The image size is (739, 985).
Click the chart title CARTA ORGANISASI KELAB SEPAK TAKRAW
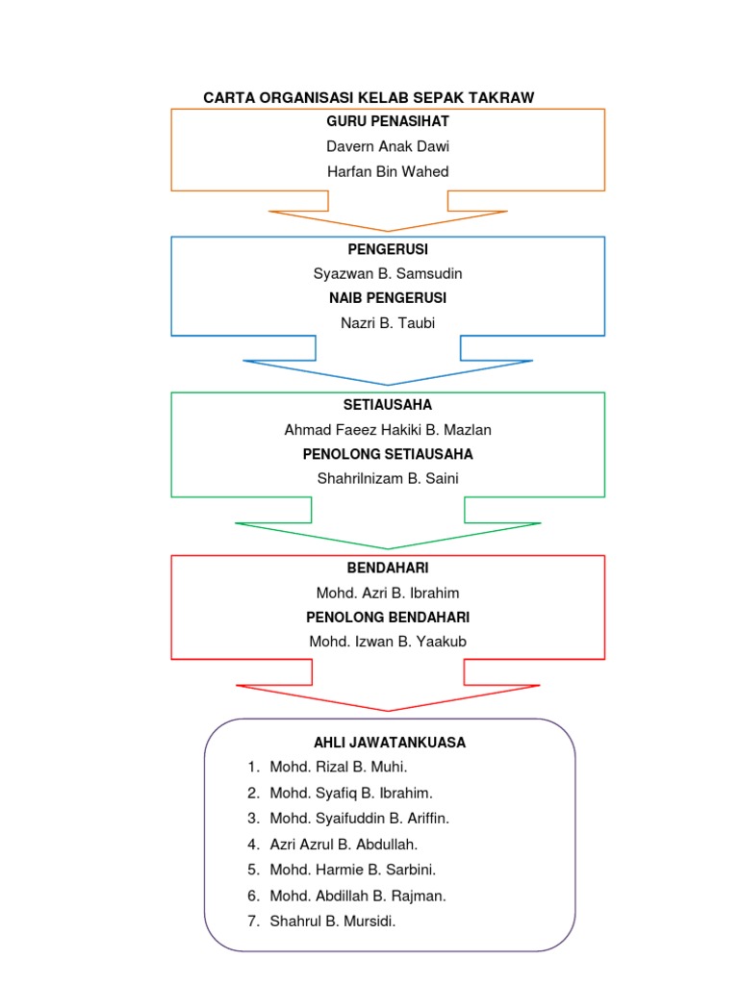369,97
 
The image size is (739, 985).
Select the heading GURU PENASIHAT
388,121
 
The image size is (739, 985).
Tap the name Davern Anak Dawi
388,146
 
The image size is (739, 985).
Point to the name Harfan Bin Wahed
388,171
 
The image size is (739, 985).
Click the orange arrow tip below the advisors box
388,229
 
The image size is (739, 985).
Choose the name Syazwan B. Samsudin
388,273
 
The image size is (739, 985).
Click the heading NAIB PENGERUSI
388,298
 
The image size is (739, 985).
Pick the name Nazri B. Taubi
388,323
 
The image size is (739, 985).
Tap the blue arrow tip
388,383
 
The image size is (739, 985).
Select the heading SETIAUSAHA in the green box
388,404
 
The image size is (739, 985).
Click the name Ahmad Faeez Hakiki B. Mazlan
388,429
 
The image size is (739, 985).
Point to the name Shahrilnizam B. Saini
388,477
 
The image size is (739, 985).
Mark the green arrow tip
388,546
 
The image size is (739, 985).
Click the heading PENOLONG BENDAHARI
388,617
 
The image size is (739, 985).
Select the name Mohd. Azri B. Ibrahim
388,593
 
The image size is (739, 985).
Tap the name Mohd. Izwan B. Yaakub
388,641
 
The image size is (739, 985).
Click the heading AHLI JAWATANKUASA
390,743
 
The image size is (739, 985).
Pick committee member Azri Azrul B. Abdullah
344,844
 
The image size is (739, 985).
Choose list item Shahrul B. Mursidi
333,921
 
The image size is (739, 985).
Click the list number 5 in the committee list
252,870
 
